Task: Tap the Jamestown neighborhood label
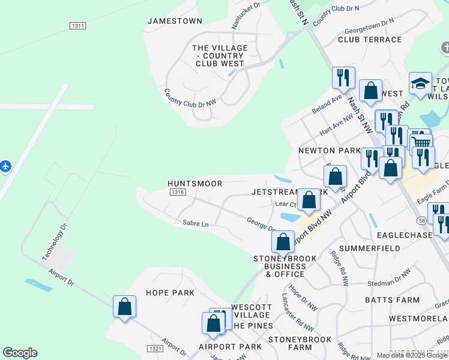175,21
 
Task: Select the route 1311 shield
77,26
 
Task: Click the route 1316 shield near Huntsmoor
177,192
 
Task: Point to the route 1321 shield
154,348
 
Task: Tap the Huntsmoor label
195,184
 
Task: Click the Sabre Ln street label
195,224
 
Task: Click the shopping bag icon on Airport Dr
124,307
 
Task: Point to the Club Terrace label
370,40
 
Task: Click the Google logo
20,353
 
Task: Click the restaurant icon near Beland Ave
343,77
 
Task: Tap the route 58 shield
423,221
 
